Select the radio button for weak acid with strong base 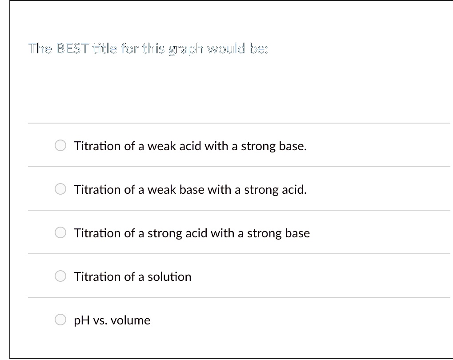61,146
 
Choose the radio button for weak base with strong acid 61,190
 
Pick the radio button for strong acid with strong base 61,233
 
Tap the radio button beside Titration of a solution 61,276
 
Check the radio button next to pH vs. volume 61,320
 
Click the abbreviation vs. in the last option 100,320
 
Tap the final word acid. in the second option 294,190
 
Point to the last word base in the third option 298,233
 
